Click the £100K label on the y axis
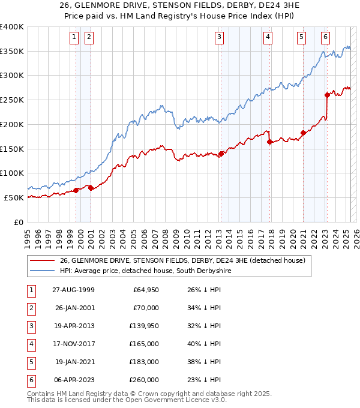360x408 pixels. tap(12, 173)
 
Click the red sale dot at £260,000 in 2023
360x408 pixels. tap(327, 94)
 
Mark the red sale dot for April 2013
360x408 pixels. tap(221, 154)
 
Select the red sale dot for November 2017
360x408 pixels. tap(270, 142)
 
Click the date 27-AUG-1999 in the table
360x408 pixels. tap(73, 290)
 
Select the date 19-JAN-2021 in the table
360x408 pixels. tap(74, 362)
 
